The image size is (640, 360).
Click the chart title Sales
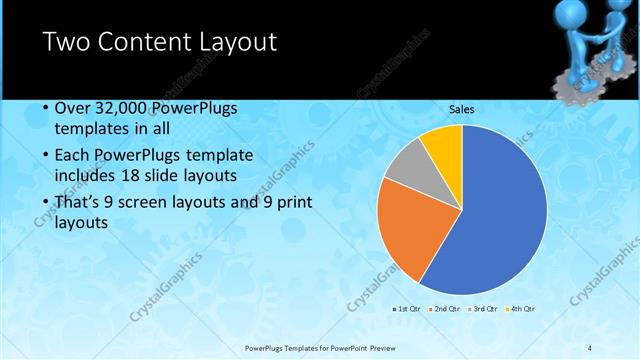[461, 109]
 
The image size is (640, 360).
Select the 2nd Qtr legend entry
[447, 308]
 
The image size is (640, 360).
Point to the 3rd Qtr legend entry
[485, 308]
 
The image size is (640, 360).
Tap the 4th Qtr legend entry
[522, 308]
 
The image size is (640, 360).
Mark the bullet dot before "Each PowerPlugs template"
[46, 156]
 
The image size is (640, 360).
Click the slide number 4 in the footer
[589, 347]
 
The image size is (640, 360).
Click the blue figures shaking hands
[589, 45]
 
